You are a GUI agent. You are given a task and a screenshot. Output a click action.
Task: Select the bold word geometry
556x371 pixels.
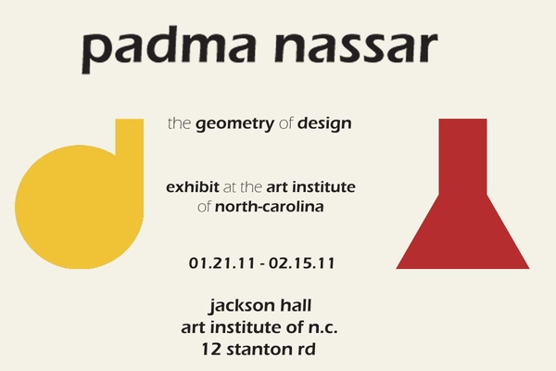(235, 124)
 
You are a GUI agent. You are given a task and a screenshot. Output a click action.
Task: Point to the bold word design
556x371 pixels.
(324, 123)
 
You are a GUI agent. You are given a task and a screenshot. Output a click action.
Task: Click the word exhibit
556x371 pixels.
(193, 186)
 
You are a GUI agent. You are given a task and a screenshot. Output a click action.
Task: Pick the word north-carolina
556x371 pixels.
(269, 206)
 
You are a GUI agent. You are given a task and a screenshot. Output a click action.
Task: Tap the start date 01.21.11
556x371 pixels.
(221, 263)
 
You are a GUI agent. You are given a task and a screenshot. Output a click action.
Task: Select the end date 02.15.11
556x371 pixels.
(302, 263)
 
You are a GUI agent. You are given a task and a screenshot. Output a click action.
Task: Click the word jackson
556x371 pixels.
(242, 306)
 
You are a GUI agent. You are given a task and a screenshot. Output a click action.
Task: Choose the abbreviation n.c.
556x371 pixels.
(322, 327)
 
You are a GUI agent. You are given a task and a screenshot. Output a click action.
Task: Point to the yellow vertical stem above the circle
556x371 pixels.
(130, 138)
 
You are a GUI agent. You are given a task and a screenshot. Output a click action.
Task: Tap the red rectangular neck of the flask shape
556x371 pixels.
(462, 157)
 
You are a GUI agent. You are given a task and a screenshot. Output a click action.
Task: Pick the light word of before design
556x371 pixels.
(285, 123)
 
